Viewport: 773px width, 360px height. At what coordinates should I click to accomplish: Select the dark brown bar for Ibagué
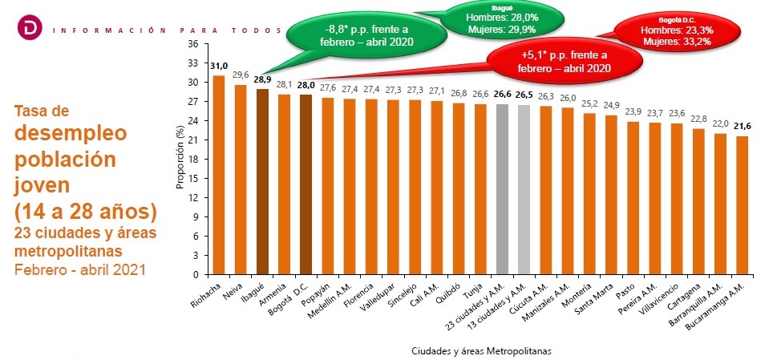click(262, 181)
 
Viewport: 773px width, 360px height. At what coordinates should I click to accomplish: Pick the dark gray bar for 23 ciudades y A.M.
click(503, 188)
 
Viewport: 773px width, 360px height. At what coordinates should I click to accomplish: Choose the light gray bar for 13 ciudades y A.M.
click(524, 189)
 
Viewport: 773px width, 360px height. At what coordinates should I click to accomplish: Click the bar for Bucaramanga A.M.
click(741, 204)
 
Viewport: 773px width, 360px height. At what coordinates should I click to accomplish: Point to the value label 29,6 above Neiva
click(241, 75)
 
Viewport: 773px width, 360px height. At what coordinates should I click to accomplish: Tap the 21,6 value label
click(741, 127)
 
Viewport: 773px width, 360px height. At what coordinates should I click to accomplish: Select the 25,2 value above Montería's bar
click(589, 103)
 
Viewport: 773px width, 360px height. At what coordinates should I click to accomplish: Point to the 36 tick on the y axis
click(192, 44)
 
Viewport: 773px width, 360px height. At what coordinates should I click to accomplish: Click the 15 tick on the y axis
click(192, 178)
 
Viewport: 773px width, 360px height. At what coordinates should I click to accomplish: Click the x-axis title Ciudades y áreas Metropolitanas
click(481, 350)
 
